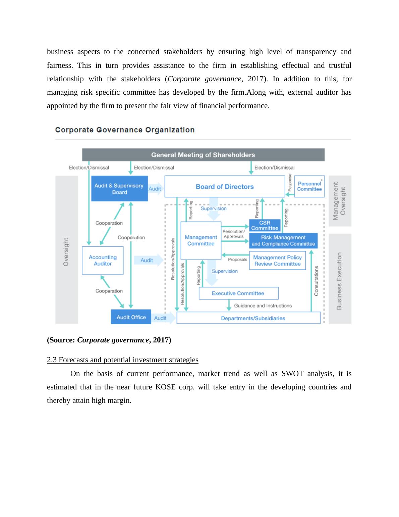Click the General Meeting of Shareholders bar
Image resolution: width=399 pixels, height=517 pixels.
tap(203, 155)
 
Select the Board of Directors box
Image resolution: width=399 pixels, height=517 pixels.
tap(225, 187)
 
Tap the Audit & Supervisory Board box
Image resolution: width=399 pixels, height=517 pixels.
tap(119, 189)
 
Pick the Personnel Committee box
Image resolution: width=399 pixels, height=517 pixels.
tap(309, 186)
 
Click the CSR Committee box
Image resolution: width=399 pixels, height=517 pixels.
tap(265, 225)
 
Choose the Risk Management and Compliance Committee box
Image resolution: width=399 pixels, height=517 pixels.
tap(283, 240)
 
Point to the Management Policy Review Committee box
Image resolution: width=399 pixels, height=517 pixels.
tap(277, 261)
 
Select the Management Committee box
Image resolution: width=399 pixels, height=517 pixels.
tap(201, 240)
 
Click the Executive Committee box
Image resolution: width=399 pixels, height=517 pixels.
tap(238, 293)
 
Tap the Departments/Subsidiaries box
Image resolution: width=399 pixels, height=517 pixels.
tap(248, 318)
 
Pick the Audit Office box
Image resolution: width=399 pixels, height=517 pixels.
tap(131, 317)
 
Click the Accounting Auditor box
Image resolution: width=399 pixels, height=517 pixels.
tap(103, 261)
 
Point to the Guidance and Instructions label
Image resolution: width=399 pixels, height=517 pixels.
tap(263, 305)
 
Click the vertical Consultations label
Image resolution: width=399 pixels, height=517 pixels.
tap(316, 281)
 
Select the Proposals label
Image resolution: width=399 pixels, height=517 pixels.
tap(237, 260)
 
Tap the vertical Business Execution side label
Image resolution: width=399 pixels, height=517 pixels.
tap(339, 281)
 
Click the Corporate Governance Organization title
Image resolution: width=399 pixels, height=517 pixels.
tap(125, 130)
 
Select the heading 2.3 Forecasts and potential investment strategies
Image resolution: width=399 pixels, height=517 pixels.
tap(123, 360)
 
